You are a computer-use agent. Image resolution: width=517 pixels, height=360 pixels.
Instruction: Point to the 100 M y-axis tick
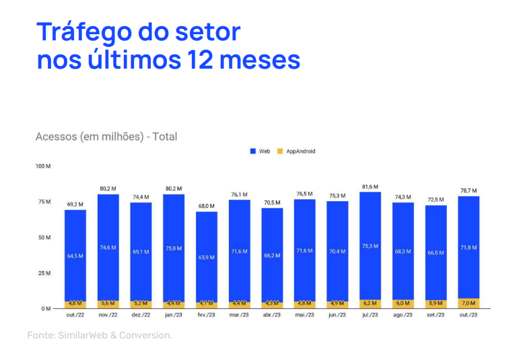point(43,166)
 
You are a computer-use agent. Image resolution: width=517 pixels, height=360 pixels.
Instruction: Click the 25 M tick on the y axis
point(44,273)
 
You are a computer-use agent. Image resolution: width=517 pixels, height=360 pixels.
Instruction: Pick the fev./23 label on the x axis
point(207,315)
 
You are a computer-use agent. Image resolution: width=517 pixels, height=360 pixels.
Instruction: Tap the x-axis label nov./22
point(108,315)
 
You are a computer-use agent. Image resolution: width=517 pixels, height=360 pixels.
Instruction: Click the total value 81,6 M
point(370,186)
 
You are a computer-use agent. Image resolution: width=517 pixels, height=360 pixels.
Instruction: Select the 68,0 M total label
point(207,206)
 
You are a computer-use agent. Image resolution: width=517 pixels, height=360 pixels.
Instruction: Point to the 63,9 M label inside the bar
point(207,257)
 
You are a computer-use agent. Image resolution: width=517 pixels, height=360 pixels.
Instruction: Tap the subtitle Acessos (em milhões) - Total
point(106,137)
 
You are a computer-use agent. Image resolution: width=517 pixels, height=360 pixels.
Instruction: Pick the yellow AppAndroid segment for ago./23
point(403,304)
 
